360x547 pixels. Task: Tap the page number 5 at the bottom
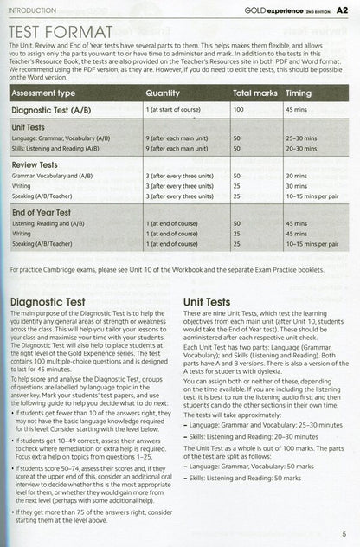344,533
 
